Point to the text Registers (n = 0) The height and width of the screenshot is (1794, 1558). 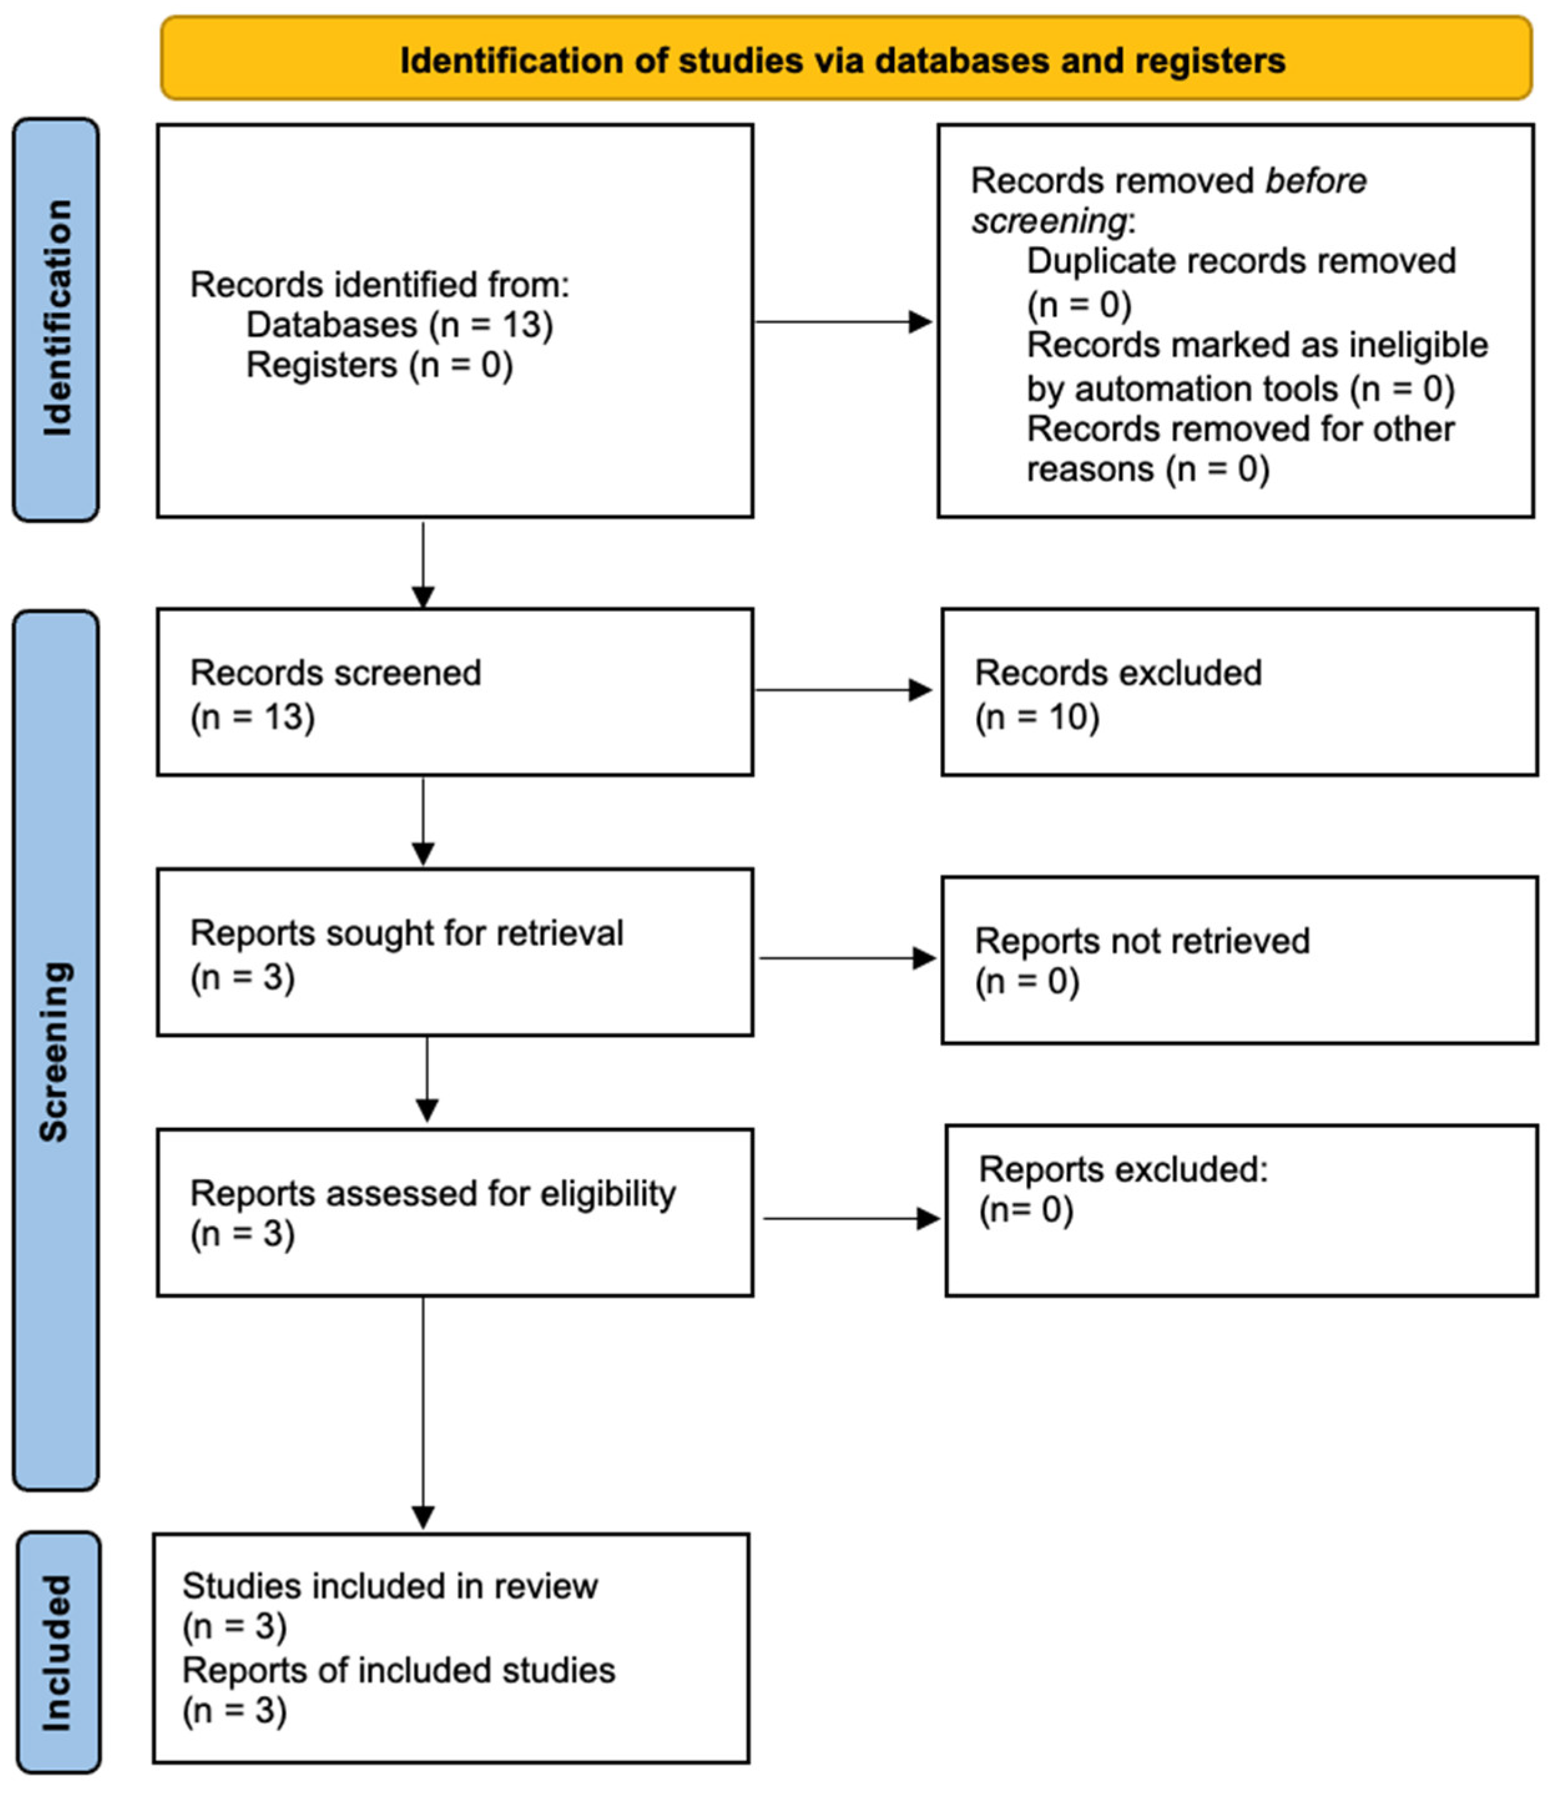(x=379, y=365)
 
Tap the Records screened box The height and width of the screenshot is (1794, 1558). (x=454, y=692)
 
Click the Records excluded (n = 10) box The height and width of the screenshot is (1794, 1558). (x=1238, y=692)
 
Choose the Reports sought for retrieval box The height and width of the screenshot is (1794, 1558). (x=454, y=952)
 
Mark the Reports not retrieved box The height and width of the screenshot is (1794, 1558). (x=1238, y=960)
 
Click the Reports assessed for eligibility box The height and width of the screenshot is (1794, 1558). (x=454, y=1212)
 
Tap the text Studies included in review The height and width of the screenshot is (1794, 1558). (x=390, y=1586)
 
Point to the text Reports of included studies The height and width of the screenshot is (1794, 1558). (x=398, y=1671)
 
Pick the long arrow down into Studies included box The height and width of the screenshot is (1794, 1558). (x=423, y=1409)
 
